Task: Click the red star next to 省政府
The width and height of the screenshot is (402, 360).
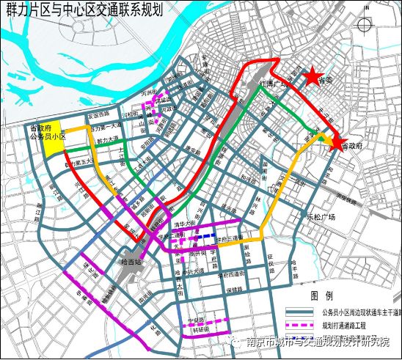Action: pos(337,143)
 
